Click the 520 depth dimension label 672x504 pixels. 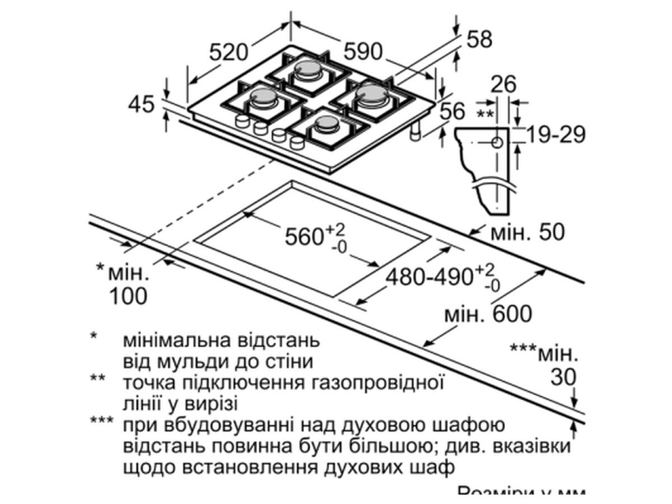[228, 52]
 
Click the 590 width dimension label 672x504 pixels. [362, 52]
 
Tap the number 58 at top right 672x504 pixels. [479, 39]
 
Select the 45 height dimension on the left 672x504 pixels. [141, 104]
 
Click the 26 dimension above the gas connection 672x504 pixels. [502, 85]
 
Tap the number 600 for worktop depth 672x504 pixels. [512, 314]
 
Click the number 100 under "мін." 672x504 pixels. [128, 296]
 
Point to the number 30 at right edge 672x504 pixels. [563, 377]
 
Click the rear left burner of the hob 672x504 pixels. [307, 69]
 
